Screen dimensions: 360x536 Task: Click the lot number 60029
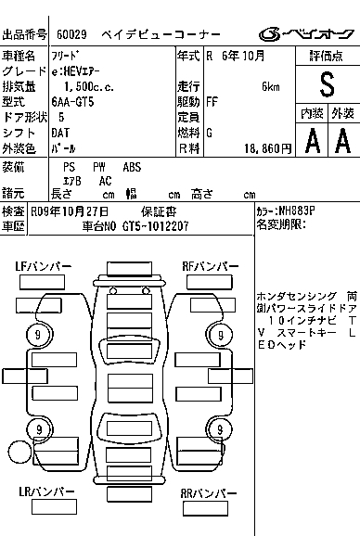[71, 34]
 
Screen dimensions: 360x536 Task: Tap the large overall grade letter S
[327, 84]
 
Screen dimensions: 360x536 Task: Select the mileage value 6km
[271, 87]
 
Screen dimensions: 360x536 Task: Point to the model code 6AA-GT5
[72, 102]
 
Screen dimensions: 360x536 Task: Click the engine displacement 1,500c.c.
[89, 87]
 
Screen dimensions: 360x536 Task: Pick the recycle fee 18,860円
[268, 148]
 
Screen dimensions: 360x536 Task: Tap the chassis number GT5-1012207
[155, 226]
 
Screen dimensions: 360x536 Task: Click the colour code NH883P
[297, 211]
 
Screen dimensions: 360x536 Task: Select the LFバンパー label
[44, 266]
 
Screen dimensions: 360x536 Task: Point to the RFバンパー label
[211, 266]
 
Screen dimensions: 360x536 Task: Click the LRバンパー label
[46, 491]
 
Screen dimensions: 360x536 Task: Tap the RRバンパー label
[209, 493]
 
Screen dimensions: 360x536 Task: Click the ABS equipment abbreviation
[132, 167]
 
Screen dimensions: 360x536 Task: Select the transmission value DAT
[60, 133]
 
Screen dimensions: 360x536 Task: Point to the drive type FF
[212, 102]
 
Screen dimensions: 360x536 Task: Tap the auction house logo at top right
[306, 34]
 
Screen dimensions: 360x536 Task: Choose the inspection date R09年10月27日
[70, 211]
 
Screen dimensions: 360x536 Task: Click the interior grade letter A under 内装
[313, 140]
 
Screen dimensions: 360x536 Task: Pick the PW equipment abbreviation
[99, 167]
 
